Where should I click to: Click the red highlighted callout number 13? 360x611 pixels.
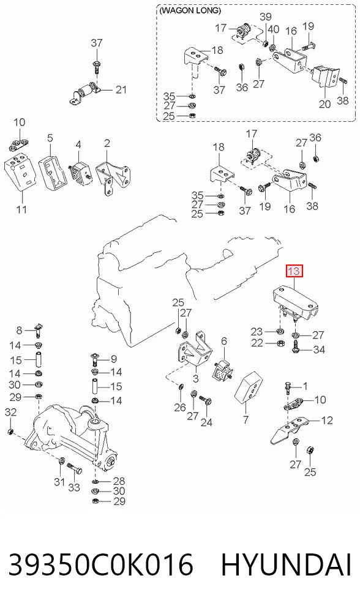pos(294,271)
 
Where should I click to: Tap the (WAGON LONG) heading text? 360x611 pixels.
pos(190,11)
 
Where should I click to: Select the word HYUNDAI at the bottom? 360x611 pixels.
pos(287,564)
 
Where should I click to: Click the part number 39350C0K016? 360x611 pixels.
pos(101,564)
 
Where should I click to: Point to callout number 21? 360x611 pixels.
pos(121,90)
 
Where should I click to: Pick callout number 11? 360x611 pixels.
pos(21,209)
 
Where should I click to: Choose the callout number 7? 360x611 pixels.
pos(246,420)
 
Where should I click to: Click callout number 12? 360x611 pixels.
pos(328,420)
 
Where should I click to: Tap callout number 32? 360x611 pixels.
pos(10,412)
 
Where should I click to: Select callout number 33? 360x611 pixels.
pos(74,487)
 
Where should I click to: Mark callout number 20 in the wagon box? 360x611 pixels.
pos(324,104)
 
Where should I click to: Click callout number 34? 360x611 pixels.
pos(319,350)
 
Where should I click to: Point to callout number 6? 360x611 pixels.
pos(223,342)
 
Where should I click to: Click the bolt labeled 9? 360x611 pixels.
pos(95,359)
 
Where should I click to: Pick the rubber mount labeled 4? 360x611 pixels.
pos(80,172)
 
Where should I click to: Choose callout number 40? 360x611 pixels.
pos(274,29)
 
